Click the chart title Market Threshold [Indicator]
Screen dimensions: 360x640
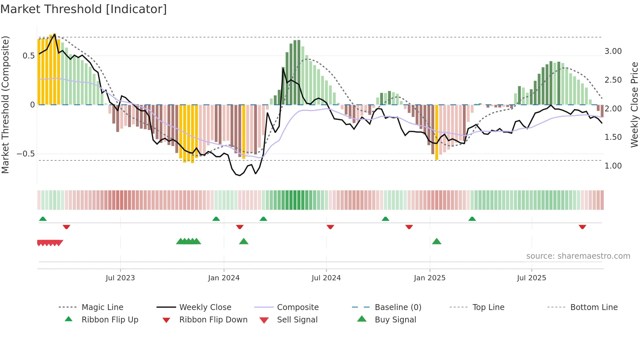click(84, 9)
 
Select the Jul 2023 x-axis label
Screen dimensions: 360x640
click(120, 278)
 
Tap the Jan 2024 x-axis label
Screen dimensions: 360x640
click(224, 278)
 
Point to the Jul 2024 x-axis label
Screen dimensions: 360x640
click(326, 278)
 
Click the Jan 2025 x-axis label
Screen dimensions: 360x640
click(429, 278)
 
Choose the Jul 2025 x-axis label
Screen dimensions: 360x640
click(531, 278)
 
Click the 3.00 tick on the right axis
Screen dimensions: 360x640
click(613, 51)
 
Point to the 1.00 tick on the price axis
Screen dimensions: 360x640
click(613, 166)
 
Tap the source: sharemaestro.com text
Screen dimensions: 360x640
click(578, 256)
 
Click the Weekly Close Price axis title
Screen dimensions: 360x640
click(634, 105)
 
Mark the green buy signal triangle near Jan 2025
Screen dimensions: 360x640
click(437, 241)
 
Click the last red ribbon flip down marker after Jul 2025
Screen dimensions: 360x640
click(582, 227)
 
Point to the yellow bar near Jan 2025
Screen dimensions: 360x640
click(437, 132)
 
